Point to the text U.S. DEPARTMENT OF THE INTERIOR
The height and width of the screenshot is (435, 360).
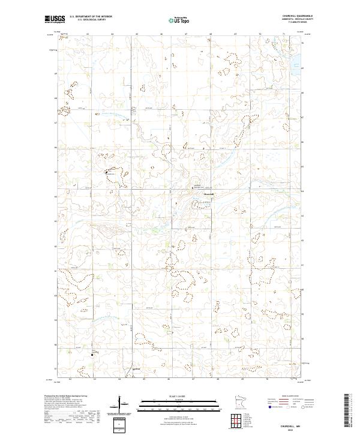(91, 17)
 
